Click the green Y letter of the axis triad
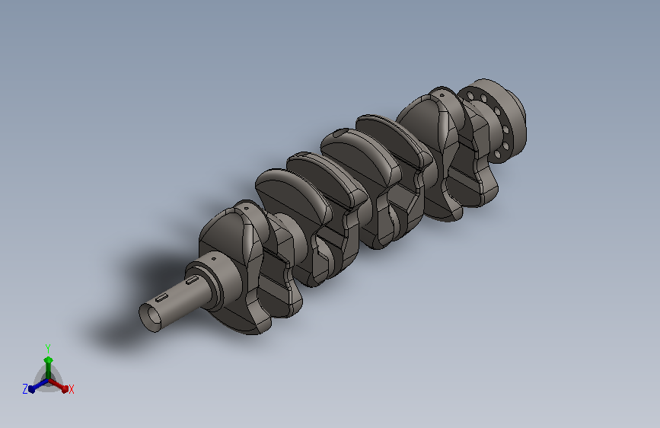[x=48, y=348]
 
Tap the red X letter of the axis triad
[x=71, y=389]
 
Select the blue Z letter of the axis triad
[x=25, y=389]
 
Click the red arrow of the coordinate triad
[x=59, y=385]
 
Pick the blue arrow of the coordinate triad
[x=39, y=385]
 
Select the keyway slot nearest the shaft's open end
[x=162, y=299]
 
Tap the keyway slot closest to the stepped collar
[x=192, y=279]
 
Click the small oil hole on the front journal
[x=213, y=259]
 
